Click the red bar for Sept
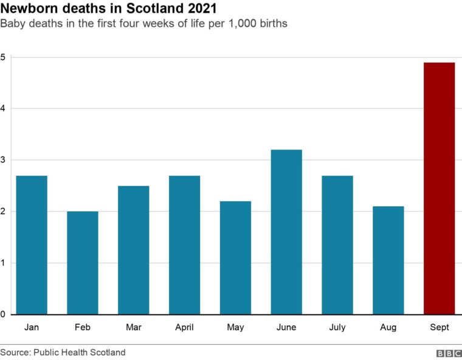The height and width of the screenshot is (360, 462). tap(439, 189)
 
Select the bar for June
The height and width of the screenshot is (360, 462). tap(286, 232)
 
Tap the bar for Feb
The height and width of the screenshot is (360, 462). tap(83, 263)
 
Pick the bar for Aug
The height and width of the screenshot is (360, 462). tap(388, 260)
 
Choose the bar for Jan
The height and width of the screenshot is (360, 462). tap(32, 244)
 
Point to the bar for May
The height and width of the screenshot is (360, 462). tap(235, 257)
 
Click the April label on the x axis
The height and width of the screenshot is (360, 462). tap(184, 327)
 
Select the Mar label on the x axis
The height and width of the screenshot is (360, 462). tap(133, 327)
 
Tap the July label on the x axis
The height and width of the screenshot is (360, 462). tap(337, 327)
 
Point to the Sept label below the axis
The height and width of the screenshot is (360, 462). tap(439, 327)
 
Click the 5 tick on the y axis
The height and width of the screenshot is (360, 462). tap(3, 58)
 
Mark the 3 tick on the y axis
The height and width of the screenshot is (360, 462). tap(3, 161)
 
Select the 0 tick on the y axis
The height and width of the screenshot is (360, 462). tap(3, 314)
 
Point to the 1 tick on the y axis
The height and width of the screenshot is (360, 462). tap(3, 263)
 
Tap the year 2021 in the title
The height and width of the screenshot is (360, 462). tap(199, 10)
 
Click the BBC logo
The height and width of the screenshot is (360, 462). tap(449, 353)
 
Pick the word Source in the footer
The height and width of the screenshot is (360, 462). tap(15, 352)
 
